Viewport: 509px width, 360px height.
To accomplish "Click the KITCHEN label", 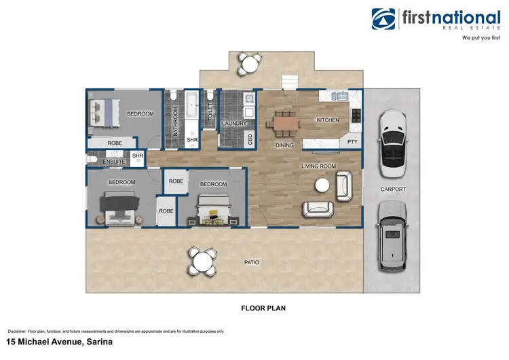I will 328,120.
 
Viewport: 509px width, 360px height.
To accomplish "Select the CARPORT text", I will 394,189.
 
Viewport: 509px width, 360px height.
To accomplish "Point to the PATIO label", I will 252,262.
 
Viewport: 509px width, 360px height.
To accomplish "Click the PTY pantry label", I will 352,143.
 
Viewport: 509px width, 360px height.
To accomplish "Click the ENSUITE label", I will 113,162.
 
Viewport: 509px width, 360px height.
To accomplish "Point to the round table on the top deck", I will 248,64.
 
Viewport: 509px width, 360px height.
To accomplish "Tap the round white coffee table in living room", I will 322,185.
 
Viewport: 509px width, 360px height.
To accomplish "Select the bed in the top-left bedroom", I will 105,113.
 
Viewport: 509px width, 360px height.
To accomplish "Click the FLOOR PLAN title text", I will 263,308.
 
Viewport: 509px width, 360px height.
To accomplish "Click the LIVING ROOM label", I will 319,165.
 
